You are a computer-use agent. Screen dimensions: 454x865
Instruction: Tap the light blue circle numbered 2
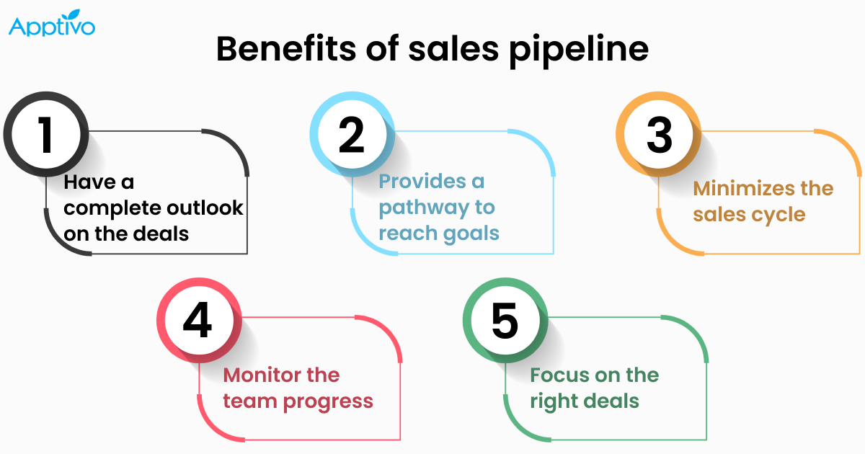[352, 135]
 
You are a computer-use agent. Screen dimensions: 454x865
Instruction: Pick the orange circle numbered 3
[658, 135]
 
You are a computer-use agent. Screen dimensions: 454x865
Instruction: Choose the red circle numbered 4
[198, 321]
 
